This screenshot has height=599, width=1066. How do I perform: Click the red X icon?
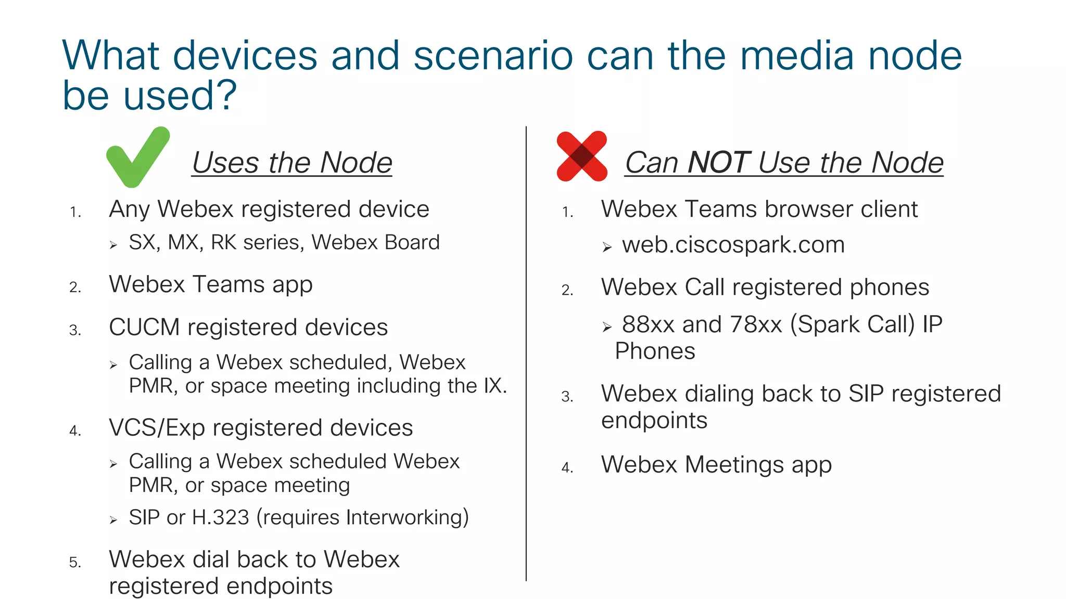[582, 156]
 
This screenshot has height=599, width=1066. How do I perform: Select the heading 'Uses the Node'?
[292, 163]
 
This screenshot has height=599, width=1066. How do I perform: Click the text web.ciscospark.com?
[733, 244]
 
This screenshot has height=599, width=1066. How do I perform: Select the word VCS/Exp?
[157, 428]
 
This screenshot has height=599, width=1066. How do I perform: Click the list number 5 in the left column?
[75, 563]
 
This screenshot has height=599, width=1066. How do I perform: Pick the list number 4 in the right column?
[567, 468]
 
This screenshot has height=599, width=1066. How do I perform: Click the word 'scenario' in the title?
[493, 56]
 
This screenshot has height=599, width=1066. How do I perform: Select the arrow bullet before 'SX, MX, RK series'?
[113, 245]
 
